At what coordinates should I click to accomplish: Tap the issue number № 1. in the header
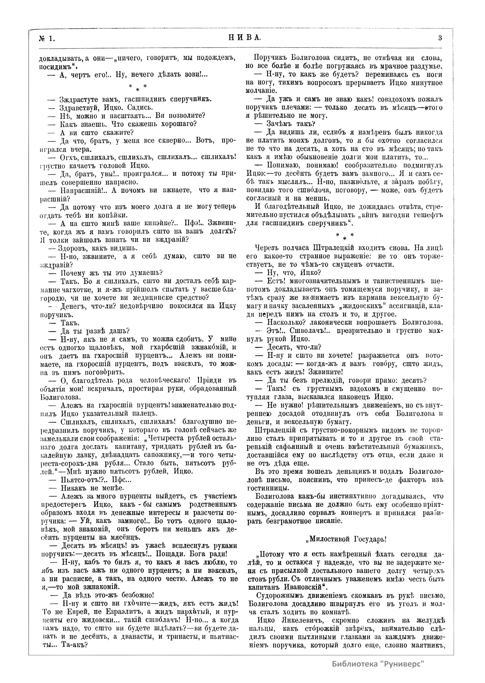(47, 39)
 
